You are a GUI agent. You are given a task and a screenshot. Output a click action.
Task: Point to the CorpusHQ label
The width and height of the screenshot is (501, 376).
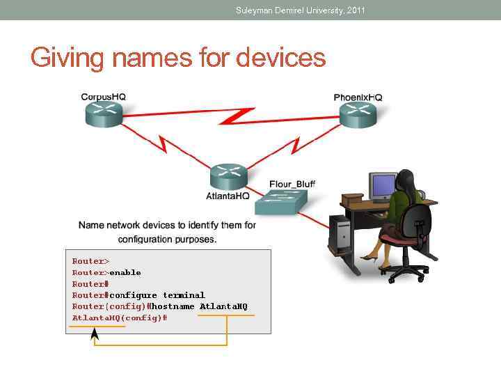click(104, 97)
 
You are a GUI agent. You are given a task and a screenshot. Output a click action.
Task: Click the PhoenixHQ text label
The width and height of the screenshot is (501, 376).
click(358, 97)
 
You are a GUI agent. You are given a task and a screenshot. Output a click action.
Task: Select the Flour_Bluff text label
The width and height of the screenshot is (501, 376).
click(292, 184)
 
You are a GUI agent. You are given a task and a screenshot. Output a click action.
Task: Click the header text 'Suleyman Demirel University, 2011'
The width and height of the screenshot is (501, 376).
click(300, 10)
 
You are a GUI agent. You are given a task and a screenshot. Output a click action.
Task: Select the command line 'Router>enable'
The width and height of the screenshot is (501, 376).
click(106, 272)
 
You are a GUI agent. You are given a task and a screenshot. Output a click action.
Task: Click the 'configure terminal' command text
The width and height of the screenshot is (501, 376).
click(157, 295)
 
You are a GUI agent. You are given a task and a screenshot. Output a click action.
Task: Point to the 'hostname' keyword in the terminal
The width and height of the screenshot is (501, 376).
click(173, 306)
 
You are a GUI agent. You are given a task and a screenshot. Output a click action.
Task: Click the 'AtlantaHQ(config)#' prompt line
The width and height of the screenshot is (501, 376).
click(119, 318)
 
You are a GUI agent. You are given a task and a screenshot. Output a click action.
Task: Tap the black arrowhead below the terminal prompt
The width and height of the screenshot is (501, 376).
click(95, 335)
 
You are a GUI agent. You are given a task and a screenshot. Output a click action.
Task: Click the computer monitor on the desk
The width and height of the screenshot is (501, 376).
click(383, 187)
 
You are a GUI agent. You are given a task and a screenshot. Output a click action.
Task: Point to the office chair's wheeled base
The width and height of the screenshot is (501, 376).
click(405, 268)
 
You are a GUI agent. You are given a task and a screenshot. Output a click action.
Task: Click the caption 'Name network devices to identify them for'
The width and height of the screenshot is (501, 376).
click(167, 225)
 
